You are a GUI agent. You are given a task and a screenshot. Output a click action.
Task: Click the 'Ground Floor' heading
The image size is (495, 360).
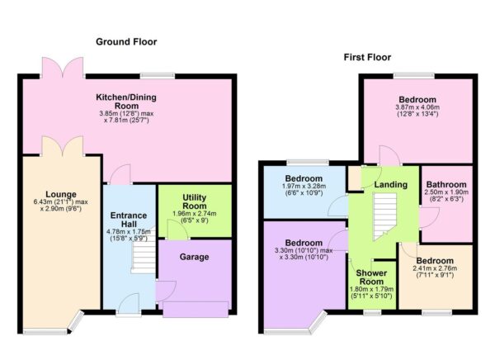pyautogui.click(x=126, y=41)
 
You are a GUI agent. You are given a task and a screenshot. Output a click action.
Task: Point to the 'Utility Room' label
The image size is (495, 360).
pyautogui.click(x=194, y=202)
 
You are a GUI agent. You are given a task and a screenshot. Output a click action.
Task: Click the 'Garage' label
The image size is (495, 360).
pyautogui.click(x=195, y=257)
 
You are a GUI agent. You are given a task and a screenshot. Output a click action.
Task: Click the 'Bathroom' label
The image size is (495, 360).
pyautogui.click(x=446, y=184)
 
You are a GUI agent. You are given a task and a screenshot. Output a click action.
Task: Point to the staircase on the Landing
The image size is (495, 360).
pyautogui.click(x=382, y=216)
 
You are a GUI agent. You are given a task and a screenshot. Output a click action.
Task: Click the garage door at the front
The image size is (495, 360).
pyautogui.click(x=196, y=309)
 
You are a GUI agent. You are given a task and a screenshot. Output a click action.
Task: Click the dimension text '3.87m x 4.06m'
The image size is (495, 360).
pyautogui.click(x=419, y=107)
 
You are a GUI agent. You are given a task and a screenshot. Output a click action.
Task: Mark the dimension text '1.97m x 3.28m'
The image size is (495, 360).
pyautogui.click(x=303, y=187)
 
